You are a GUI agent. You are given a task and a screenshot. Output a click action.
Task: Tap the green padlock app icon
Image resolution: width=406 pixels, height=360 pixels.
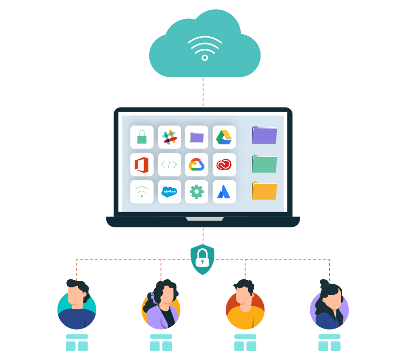coord(142,137)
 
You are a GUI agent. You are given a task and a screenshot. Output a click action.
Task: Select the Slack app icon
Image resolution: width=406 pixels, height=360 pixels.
coord(169,137)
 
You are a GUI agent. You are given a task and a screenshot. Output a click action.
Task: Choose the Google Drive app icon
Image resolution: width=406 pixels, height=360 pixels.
coord(224,137)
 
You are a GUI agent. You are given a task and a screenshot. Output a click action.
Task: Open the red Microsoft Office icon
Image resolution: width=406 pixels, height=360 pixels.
coord(142,165)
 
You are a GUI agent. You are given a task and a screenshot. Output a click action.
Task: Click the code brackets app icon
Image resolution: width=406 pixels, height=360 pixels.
coord(169,165)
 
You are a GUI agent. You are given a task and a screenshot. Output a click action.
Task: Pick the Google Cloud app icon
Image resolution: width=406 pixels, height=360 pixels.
coord(197,165)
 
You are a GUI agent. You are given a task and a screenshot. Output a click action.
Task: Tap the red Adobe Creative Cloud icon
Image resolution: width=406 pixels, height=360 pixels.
coord(224,165)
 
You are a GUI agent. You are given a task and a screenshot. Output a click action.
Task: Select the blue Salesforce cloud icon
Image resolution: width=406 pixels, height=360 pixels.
coord(169,192)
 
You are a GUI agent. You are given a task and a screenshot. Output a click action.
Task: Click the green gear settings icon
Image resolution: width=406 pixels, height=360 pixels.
coord(197,192)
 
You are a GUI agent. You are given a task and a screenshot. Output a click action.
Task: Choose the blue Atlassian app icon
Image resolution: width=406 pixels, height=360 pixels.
coord(224,192)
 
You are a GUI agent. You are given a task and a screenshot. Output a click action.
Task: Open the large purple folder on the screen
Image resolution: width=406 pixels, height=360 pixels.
coord(264,135)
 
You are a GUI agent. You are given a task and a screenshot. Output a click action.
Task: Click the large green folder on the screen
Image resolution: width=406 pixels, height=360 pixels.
coord(264,164)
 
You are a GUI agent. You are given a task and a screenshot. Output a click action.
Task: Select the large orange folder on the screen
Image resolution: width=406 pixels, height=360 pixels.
coord(264,191)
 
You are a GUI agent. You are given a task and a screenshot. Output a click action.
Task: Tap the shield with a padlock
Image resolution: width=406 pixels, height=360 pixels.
coord(203,259)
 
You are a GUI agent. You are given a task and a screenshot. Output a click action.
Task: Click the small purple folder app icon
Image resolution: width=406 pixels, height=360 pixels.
coord(197,137)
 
